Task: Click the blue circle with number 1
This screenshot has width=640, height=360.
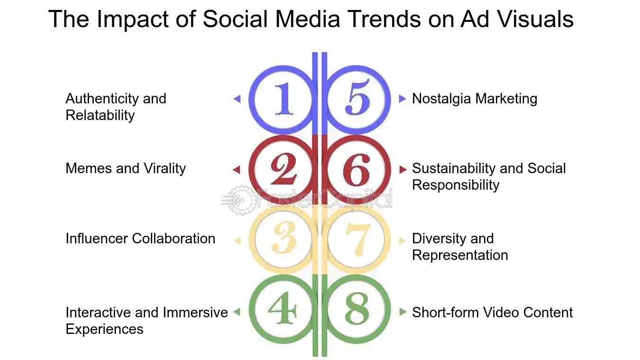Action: coord(283,99)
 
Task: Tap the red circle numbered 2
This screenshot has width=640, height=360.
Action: coord(283,169)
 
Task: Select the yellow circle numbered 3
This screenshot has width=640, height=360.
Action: coord(283,240)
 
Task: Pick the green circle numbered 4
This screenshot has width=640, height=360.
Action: coord(283,311)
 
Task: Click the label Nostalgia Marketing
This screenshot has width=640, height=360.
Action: coord(475,99)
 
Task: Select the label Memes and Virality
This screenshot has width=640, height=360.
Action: coord(126,168)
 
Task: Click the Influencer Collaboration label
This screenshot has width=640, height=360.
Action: coord(140,239)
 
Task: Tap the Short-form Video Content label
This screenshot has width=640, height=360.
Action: coord(492,313)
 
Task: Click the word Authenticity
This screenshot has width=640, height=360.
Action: coord(103,99)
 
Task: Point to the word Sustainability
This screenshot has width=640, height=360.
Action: coord(454,168)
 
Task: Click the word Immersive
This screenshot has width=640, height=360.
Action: coord(195,313)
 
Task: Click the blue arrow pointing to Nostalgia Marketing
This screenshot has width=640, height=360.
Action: coord(402,99)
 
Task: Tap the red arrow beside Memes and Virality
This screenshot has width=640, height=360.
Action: coord(237,169)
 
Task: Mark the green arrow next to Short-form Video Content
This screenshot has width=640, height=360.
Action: coord(402,312)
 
